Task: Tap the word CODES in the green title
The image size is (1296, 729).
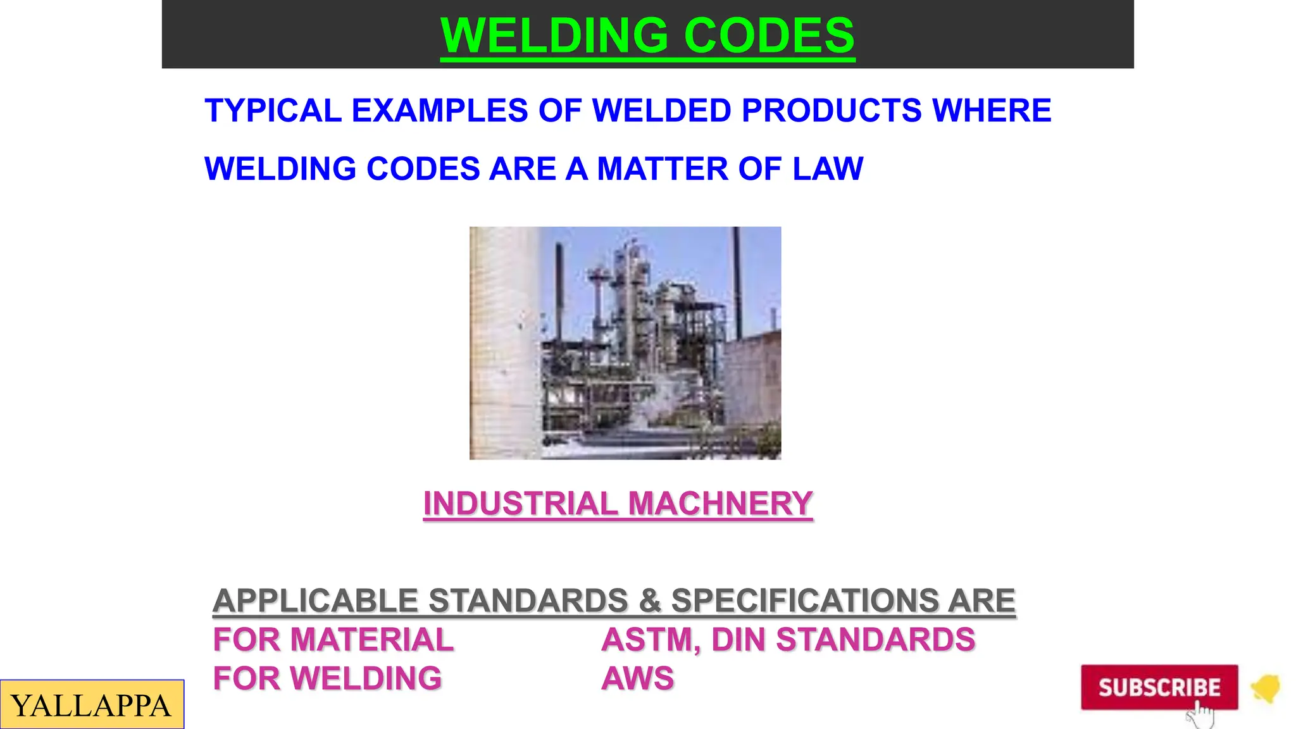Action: (x=769, y=35)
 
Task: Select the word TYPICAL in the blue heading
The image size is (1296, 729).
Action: (x=273, y=111)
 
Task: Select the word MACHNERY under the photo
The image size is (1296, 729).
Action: (x=720, y=504)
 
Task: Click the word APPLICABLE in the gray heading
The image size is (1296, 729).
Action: (x=316, y=601)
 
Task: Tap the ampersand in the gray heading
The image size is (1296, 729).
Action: (x=649, y=601)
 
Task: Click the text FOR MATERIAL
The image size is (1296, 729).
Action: (x=333, y=640)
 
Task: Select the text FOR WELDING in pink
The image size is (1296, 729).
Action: (x=327, y=678)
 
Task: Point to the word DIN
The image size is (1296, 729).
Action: (x=739, y=640)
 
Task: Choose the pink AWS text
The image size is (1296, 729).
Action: (x=638, y=678)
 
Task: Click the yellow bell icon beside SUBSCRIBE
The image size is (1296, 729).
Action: (x=1266, y=688)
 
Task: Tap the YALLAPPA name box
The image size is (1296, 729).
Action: (x=92, y=705)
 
